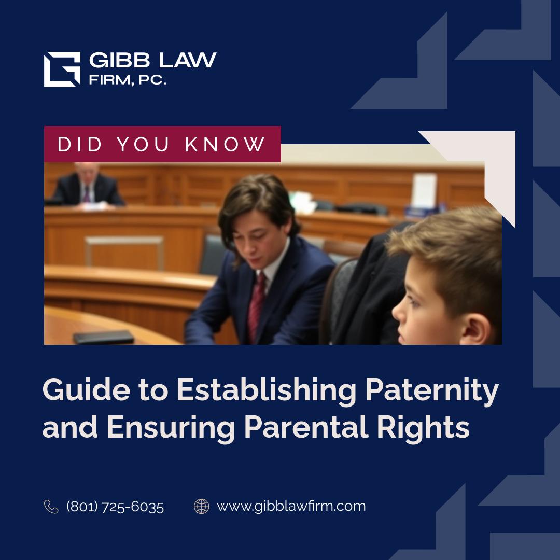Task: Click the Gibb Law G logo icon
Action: (62, 69)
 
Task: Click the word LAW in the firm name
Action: (188, 60)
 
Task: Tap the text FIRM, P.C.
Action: (128, 80)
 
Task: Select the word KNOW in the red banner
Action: (225, 144)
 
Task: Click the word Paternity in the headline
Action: (431, 390)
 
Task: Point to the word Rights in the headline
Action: (423, 427)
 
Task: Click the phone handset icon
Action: (51, 507)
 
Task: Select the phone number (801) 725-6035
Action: (115, 507)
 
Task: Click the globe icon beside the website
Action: (201, 507)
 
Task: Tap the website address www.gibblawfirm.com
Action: (291, 507)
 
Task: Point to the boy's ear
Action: (475, 329)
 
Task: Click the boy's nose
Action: (397, 312)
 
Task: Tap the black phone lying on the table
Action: (104, 337)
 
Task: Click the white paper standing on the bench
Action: (424, 191)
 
